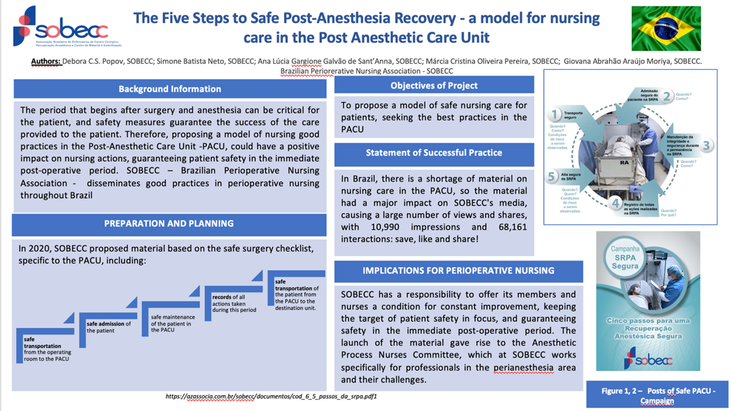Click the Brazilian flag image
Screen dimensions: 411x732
pyautogui.click(x=666, y=29)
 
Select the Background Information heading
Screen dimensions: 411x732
pyautogui.click(x=170, y=89)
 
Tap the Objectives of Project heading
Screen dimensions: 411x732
pyautogui.click(x=434, y=86)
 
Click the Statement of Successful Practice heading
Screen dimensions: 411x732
pyautogui.click(x=434, y=153)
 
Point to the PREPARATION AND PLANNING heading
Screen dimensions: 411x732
pyautogui.click(x=169, y=224)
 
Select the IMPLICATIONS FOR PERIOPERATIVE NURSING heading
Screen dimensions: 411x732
pyautogui.click(x=458, y=271)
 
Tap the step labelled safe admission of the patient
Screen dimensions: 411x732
pyautogui.click(x=109, y=327)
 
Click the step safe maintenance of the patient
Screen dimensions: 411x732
pyautogui.click(x=171, y=324)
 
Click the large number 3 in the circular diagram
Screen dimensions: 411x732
pyautogui.click(x=706, y=145)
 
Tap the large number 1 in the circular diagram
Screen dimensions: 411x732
pyautogui.click(x=555, y=115)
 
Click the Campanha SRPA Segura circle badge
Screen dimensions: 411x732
pyautogui.click(x=625, y=257)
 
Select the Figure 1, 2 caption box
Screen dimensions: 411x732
pyautogui.click(x=658, y=395)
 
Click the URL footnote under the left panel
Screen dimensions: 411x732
pyautogui.click(x=271, y=396)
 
